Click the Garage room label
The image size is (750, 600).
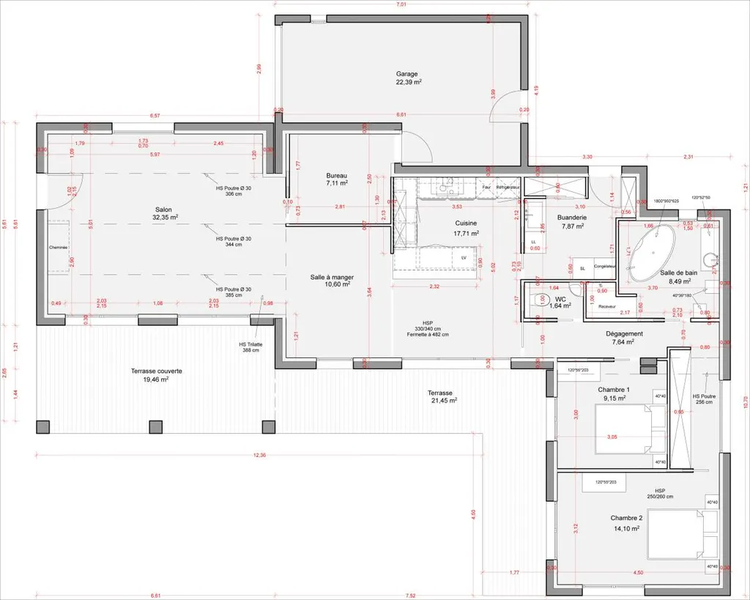pyautogui.click(x=407, y=74)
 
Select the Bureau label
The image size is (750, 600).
pyautogui.click(x=336, y=176)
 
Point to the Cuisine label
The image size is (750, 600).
pyautogui.click(x=467, y=224)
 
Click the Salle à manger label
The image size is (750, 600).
pyautogui.click(x=332, y=276)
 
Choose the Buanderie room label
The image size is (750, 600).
pyautogui.click(x=571, y=218)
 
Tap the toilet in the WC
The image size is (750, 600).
pyautogui.click(x=541, y=300)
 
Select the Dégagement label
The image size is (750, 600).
pyautogui.click(x=604, y=333)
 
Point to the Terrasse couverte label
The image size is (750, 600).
pyautogui.click(x=157, y=371)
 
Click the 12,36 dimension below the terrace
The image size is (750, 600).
pyautogui.click(x=259, y=455)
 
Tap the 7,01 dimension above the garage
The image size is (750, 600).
pyautogui.click(x=401, y=5)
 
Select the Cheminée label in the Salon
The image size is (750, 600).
pyautogui.click(x=58, y=247)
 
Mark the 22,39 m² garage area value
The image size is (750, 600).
pyautogui.click(x=408, y=83)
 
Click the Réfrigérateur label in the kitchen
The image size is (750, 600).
pyautogui.click(x=508, y=187)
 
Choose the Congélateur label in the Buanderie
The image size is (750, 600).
pyautogui.click(x=604, y=267)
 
